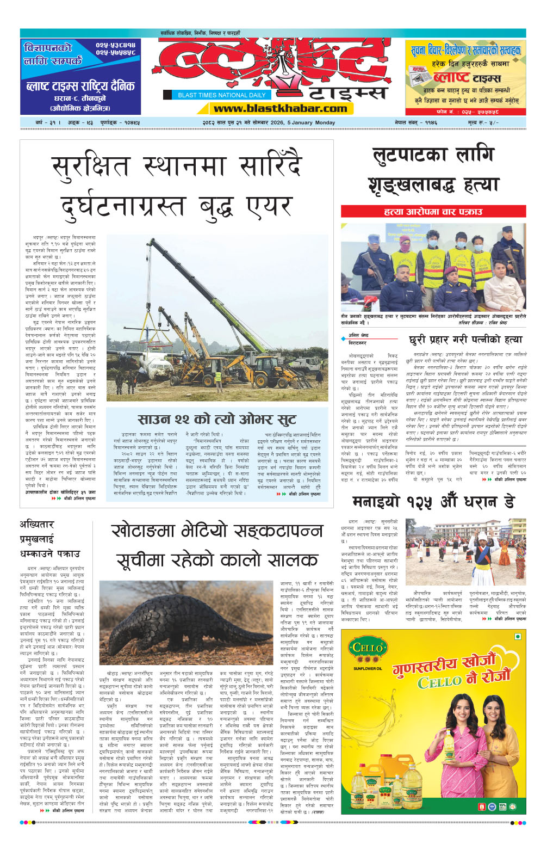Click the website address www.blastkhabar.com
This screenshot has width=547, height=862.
(281, 108)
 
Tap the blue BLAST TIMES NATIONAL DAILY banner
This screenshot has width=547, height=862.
(221, 95)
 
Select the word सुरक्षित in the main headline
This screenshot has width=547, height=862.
(90, 167)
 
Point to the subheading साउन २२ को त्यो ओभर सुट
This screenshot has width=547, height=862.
(217, 419)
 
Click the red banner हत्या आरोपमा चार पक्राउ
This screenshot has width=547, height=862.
(433, 211)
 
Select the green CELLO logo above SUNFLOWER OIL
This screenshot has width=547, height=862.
(368, 649)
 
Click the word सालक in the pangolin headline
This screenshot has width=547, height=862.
(294, 559)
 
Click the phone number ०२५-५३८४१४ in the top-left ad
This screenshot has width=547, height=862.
(115, 45)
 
